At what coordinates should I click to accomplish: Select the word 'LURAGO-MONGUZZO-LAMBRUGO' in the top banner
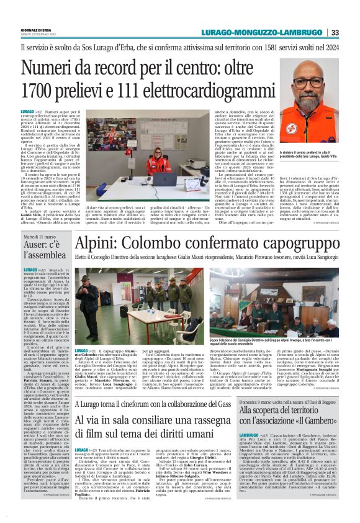[x=281, y=32]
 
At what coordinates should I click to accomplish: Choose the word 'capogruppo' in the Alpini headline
[x=304, y=242]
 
